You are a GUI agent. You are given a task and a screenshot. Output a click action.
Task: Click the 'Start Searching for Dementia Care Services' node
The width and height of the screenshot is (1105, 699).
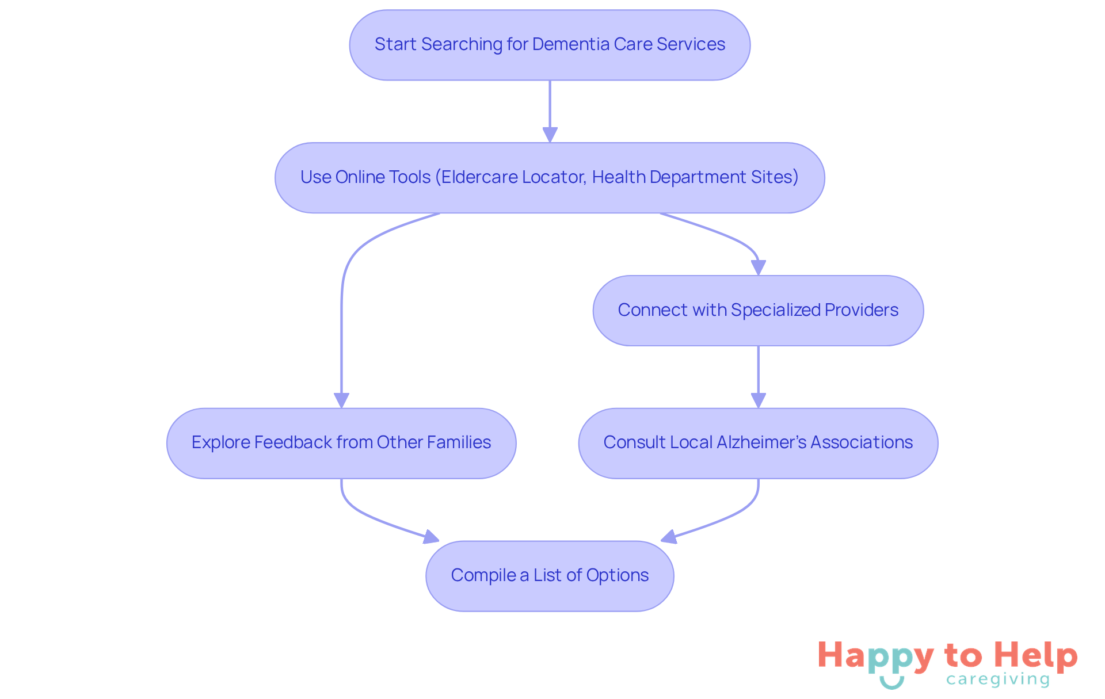[x=550, y=45]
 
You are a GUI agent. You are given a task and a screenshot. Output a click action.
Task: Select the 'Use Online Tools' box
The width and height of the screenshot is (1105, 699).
[x=550, y=178]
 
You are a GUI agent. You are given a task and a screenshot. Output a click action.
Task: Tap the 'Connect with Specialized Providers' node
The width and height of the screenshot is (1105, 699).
[x=758, y=311]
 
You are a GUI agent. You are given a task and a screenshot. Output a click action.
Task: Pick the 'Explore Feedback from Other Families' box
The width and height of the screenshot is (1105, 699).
[x=341, y=443]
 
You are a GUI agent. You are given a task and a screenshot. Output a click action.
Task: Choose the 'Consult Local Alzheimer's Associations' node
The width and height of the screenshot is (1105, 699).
[x=758, y=443]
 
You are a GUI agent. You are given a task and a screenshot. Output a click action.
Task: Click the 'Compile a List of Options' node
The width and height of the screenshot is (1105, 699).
[x=550, y=576]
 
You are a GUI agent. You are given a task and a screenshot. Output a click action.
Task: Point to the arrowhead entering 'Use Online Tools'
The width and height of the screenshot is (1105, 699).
[x=550, y=135]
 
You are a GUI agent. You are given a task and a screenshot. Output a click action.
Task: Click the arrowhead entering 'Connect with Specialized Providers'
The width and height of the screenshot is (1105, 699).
[x=759, y=268]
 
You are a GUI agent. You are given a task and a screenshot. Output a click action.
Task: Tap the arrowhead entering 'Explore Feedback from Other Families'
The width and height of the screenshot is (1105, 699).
[x=342, y=400]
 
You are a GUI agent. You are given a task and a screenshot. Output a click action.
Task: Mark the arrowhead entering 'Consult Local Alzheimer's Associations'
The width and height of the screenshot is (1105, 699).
[x=759, y=400]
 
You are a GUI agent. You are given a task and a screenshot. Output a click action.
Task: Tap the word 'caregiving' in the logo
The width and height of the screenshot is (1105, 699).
[x=997, y=680]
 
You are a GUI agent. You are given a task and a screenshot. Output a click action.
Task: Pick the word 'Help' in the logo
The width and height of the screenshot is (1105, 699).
[x=1035, y=655]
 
